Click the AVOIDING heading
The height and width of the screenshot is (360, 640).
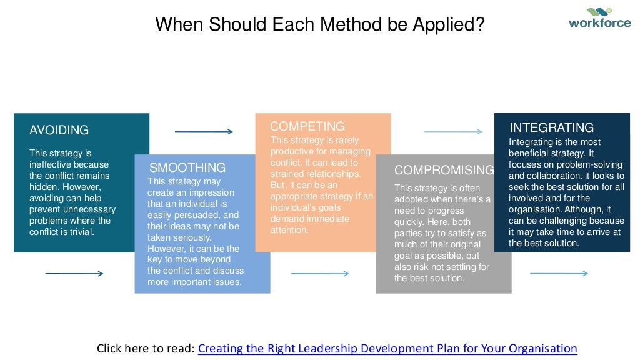tap(59, 131)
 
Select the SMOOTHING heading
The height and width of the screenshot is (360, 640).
tap(187, 167)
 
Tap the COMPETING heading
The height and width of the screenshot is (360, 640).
tap(307, 127)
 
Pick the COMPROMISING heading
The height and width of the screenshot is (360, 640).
tap(444, 171)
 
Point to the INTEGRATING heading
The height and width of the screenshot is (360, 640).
tap(552, 127)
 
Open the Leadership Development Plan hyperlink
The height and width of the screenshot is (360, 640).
tap(387, 349)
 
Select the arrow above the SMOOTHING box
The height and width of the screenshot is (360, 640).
tap(204, 132)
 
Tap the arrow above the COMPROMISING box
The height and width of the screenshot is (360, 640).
tap(453, 132)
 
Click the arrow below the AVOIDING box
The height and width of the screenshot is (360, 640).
tap(74, 274)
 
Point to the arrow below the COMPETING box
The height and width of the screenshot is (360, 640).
tap(320, 274)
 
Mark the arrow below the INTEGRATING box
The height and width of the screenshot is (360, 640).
tap(559, 274)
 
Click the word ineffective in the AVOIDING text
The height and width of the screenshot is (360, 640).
tap(51, 164)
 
